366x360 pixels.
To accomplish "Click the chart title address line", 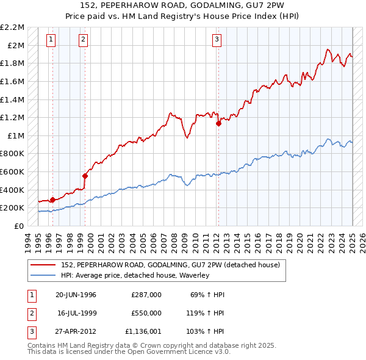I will (x=182, y=5).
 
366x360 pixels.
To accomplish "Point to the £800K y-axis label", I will (x=13, y=154).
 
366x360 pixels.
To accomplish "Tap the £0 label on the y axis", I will (x=20, y=226).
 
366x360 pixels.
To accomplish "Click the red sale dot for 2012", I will (x=218, y=123).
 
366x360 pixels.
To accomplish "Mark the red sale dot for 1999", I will (x=85, y=176).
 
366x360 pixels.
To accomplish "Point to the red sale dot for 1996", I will (x=53, y=200).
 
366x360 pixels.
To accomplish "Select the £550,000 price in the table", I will (x=146, y=313).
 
